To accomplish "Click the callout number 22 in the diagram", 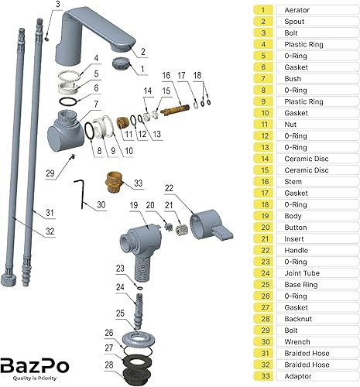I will coord(170,187).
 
